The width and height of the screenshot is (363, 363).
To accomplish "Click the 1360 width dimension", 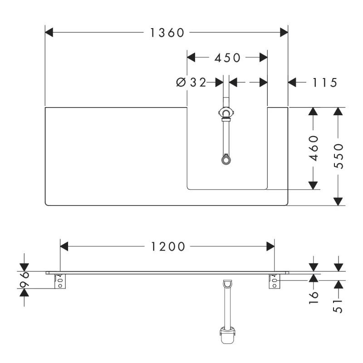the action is coord(167,33).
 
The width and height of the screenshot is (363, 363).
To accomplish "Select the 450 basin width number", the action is coord(227,58).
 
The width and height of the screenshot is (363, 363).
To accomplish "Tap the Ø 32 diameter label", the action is coord(191,83).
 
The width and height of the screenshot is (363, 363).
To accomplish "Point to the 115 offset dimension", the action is coord(324,83).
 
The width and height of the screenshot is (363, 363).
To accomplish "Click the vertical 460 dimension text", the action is coord(314,148).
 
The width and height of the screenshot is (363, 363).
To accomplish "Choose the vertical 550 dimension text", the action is coord(338,156).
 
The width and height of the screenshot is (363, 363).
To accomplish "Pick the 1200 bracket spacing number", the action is coord(168,246).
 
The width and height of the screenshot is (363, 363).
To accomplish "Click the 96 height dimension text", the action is coord(25,280).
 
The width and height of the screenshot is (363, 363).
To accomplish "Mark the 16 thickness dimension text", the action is coord(314,298).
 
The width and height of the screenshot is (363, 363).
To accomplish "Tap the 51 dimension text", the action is coord(338,307).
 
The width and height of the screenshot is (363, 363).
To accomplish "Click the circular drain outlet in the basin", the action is coord(226,160).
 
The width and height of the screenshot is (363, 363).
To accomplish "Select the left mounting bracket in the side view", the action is coord(60,281).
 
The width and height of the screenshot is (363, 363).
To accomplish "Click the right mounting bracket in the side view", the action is coord(275,281).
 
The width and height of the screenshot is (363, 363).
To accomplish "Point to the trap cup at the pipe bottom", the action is coord(227,335).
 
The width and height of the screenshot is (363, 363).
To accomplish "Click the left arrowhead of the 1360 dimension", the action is coord(49,32).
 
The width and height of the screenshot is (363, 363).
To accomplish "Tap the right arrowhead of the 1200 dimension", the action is coord(270,246).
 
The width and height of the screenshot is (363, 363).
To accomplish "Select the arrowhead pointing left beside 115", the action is coord(292,83).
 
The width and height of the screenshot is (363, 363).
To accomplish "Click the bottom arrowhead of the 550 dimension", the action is coord(338,201).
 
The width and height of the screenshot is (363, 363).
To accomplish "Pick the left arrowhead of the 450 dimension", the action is coord(191,58).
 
